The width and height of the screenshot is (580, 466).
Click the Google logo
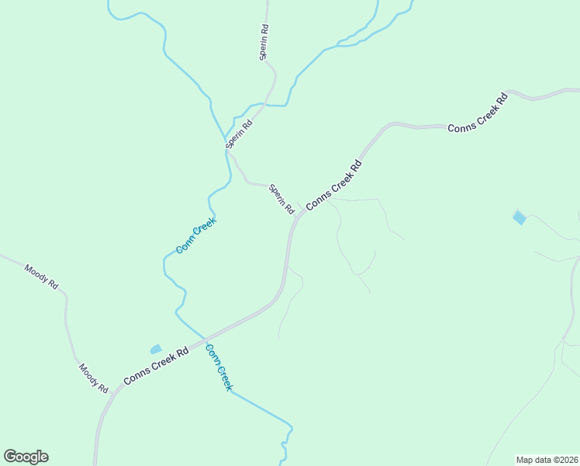pos(26,457)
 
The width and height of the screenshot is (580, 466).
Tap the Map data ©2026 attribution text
pos(547,459)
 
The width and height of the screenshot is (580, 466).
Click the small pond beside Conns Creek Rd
pos(156,349)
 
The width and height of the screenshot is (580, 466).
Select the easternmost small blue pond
pos(519,217)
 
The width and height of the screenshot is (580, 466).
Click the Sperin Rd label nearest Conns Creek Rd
pos(281,200)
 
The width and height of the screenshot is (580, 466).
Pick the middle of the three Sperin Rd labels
pos(239,134)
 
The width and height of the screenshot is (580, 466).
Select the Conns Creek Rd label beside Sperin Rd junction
pos(334,186)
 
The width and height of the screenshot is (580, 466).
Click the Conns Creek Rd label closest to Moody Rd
pos(156,366)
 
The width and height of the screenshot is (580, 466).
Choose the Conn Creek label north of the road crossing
pos(195,235)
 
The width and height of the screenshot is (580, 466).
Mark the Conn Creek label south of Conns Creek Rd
pos(219,367)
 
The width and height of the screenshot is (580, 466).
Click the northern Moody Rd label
pos(41,276)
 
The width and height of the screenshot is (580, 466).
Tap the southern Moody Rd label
pos(93,377)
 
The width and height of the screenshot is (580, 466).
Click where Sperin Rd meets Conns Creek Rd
pos(301,211)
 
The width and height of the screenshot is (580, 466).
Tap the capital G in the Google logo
pos(10,457)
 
